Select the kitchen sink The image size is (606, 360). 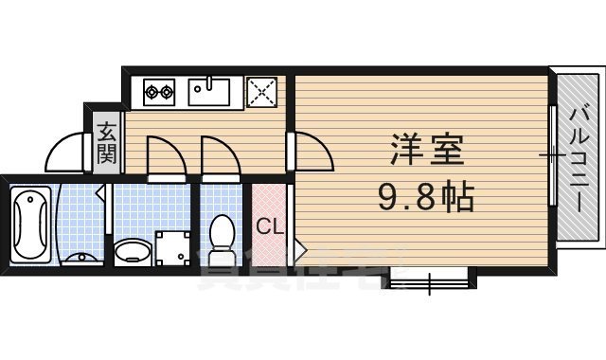click(209, 93)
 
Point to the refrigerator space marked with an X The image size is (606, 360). click(261, 93)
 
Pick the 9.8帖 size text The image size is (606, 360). click(425, 198)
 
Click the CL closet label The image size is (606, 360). click(268, 226)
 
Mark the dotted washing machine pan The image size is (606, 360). click(173, 246)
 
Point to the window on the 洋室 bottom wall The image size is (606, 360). click(428, 280)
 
